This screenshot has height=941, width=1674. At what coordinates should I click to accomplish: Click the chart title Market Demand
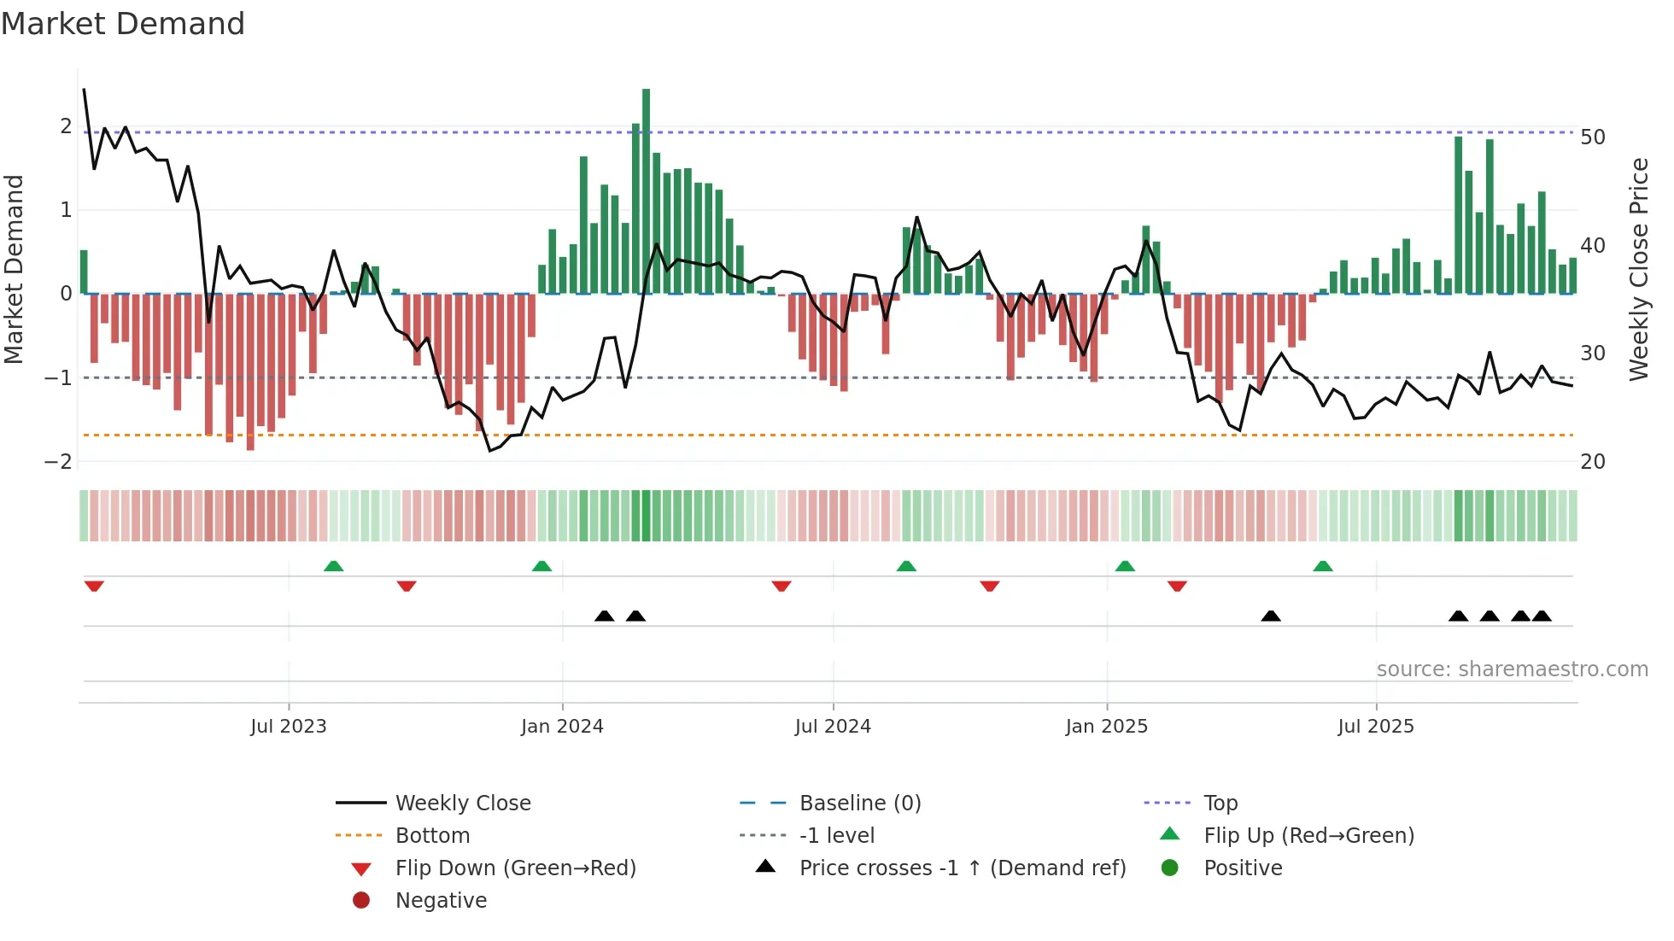pyautogui.click(x=123, y=24)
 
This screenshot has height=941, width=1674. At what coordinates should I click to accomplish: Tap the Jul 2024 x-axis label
pyautogui.click(x=833, y=727)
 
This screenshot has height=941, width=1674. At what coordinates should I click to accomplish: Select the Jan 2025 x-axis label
pyautogui.click(x=1107, y=727)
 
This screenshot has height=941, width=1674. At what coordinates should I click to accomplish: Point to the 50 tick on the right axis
pyautogui.click(x=1593, y=137)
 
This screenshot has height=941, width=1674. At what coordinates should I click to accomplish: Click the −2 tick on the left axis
pyautogui.click(x=58, y=462)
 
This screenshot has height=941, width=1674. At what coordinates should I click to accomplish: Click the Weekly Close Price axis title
pyautogui.click(x=1638, y=269)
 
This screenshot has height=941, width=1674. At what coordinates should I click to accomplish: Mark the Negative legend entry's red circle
pyautogui.click(x=361, y=901)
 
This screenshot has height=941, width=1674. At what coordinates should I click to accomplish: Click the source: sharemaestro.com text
pyautogui.click(x=1512, y=669)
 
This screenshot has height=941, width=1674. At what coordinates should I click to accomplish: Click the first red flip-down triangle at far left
pyautogui.click(x=94, y=587)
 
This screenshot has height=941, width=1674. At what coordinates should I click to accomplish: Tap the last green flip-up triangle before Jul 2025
pyautogui.click(x=1323, y=566)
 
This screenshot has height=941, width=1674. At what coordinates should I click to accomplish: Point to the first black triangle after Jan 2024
pyautogui.click(x=605, y=616)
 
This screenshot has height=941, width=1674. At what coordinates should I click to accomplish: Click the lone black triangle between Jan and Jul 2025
pyautogui.click(x=1271, y=616)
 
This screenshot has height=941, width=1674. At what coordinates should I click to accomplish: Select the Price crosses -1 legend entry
pyautogui.click(x=962, y=868)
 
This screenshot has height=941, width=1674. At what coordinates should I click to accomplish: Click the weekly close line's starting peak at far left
pyautogui.click(x=84, y=89)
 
